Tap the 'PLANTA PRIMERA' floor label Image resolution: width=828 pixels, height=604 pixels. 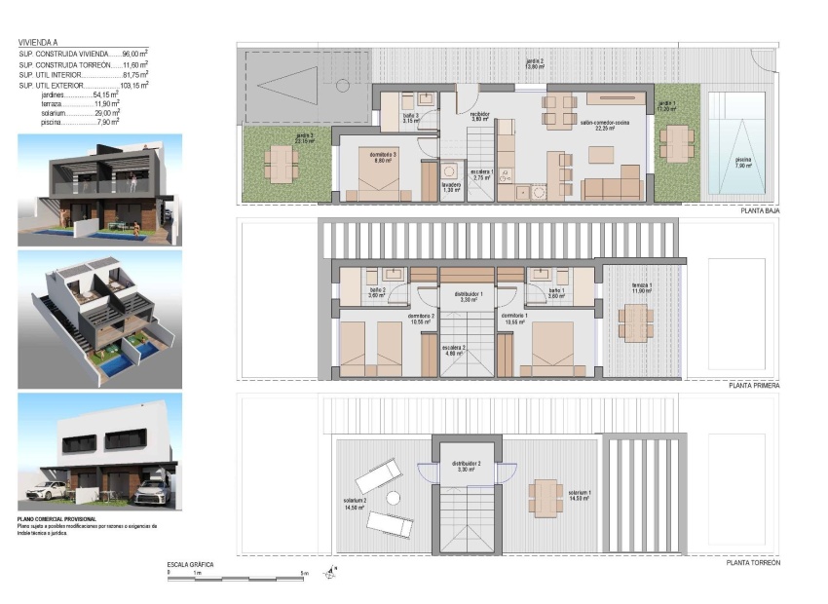point(754,386)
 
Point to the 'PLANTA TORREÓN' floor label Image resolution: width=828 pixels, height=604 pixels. point(753,562)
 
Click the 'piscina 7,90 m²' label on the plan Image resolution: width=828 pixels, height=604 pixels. point(743,162)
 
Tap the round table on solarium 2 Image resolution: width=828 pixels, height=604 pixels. point(393,498)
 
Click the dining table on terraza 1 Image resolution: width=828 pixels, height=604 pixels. point(634,321)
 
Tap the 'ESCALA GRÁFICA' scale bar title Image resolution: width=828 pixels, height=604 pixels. point(190,565)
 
